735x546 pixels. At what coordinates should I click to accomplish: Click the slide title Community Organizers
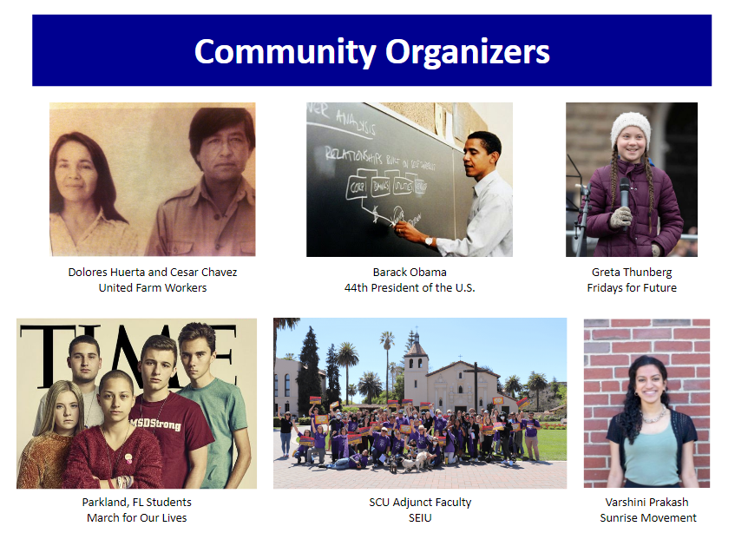371,51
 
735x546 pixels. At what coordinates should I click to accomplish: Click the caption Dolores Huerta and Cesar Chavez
153,272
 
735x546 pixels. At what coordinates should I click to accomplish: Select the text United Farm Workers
153,287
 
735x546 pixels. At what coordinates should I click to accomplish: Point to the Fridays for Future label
631,287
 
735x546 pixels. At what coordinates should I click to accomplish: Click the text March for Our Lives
136,518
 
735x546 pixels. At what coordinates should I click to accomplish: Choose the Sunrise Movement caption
647,518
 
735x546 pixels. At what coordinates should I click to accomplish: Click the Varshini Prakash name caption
647,503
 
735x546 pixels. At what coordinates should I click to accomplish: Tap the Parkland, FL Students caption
136,503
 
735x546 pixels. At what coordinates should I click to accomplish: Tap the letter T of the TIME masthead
41,346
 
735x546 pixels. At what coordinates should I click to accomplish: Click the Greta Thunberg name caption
631,272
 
